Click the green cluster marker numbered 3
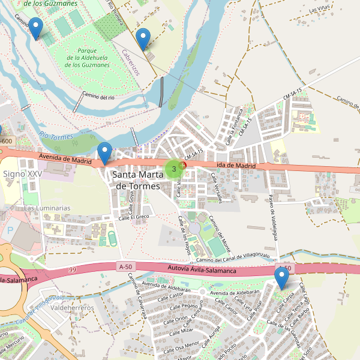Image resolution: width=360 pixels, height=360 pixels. (174, 169)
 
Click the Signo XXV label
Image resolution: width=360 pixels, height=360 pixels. (23, 173)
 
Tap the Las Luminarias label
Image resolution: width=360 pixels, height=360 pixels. (47, 208)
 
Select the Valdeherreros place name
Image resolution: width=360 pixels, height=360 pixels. (73, 308)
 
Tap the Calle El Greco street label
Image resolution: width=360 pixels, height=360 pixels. (133, 217)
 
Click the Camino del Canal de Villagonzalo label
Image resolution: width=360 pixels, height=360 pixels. (233, 257)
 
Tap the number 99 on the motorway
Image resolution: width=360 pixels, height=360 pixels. (73, 271)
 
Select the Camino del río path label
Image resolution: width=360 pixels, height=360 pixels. (98, 97)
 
